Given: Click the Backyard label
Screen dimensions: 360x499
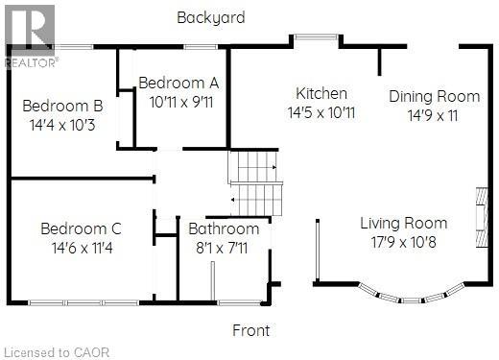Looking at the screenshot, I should (x=211, y=17).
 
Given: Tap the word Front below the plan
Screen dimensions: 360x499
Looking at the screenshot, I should (x=252, y=330).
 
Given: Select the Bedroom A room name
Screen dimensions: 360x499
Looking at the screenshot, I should (x=178, y=83).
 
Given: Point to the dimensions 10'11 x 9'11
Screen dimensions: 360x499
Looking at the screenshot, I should (x=179, y=101).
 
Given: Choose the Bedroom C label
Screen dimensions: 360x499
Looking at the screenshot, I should (x=81, y=228).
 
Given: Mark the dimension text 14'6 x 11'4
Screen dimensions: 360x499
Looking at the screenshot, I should (x=81, y=248).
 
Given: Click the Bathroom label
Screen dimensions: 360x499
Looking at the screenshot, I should (x=224, y=228).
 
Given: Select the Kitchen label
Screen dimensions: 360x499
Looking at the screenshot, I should (x=321, y=93).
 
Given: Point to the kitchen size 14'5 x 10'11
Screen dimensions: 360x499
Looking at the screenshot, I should (x=321, y=112).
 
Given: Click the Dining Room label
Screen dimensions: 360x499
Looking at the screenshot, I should (x=434, y=96).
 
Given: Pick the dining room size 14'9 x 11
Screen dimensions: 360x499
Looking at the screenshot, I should (x=434, y=115).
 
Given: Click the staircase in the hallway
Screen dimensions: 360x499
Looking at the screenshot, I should (x=256, y=183).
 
